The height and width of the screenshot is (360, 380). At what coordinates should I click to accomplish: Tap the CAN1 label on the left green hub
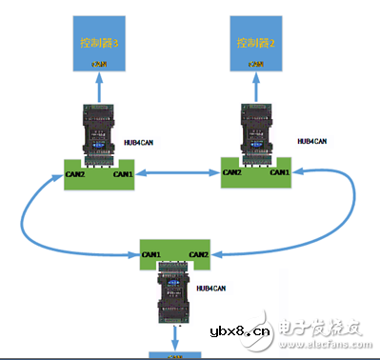pos(123,174)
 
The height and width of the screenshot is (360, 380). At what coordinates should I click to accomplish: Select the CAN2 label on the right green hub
pos(232,172)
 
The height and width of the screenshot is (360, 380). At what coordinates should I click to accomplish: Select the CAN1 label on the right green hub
pos(278,172)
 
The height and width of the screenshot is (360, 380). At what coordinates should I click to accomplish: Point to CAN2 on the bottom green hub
pos(198,255)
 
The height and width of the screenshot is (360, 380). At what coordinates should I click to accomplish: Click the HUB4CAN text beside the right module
pos(312,141)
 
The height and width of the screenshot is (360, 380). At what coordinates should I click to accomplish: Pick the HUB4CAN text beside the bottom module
pos(210,287)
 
